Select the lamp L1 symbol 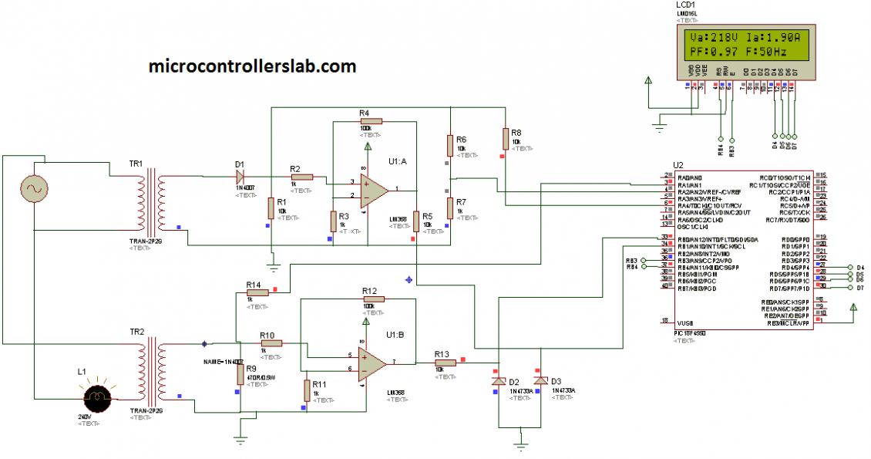pyautogui.click(x=98, y=398)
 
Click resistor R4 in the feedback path pyautogui.click(x=366, y=122)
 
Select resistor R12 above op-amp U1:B pyautogui.click(x=371, y=300)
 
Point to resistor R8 pyautogui.click(x=506, y=139)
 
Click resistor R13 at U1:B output pyautogui.click(x=443, y=363)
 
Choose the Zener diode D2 pyautogui.click(x=499, y=381)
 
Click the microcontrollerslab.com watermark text pyautogui.click(x=253, y=66)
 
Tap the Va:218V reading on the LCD pyautogui.click(x=714, y=38)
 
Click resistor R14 pyautogui.click(x=254, y=293)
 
